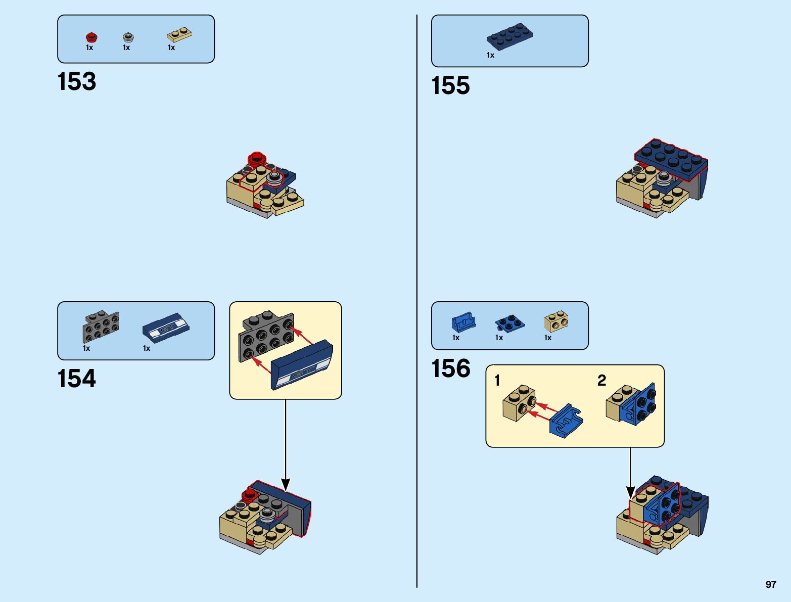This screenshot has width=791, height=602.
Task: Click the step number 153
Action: coord(77,81)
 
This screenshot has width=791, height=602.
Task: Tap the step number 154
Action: coord(77,379)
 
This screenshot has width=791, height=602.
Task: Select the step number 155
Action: coord(450,85)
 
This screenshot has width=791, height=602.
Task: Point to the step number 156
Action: coord(450,368)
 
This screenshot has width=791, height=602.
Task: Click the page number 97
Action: coord(770,584)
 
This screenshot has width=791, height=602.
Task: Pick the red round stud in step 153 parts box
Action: coord(91,37)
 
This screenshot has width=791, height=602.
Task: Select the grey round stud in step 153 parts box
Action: coord(128,37)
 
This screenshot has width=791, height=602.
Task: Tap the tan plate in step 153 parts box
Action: coord(179,35)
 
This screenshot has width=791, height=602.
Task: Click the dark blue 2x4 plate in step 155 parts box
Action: coord(509,36)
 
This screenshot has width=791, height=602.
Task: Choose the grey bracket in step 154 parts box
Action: coord(101,327)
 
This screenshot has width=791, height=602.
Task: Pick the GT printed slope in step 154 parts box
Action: coord(165,328)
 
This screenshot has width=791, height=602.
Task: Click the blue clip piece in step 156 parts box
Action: coord(463,322)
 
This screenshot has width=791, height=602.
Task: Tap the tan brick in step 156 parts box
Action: coord(556,321)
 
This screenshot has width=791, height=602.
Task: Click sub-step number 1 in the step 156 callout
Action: coord(497,380)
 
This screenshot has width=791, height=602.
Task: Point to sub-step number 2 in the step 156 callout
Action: coord(601,380)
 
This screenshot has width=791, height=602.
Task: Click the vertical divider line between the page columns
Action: coord(417,303)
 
